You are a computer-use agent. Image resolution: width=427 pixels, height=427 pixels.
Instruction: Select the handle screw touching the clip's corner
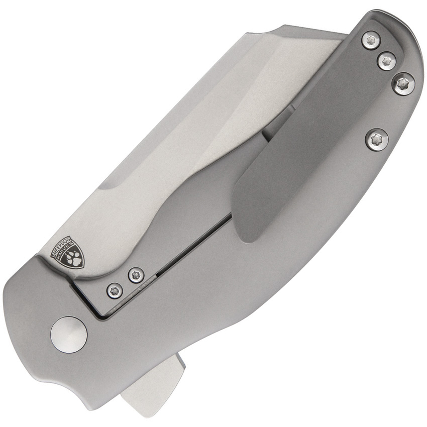pyautogui.click(x=403, y=84)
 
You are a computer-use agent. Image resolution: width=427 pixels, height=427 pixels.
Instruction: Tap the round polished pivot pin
pyautogui.click(x=69, y=334)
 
